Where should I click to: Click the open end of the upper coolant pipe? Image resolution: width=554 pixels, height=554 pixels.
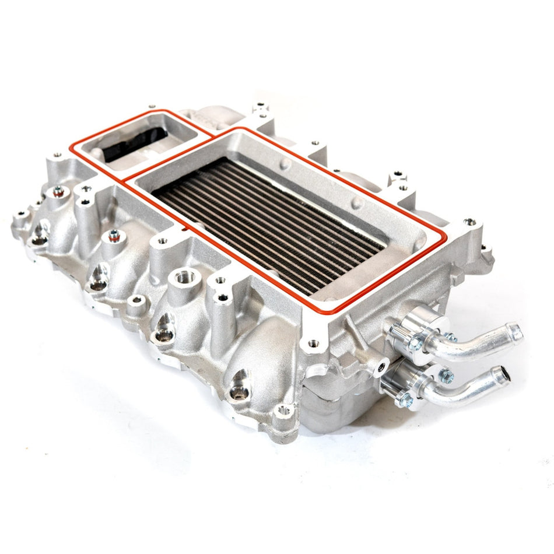coord(515,332)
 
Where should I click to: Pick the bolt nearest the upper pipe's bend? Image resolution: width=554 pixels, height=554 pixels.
coord(450,336)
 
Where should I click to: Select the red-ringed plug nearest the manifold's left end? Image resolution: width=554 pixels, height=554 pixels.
coord(58,190)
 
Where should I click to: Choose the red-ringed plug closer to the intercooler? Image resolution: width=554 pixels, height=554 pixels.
coord(114,235)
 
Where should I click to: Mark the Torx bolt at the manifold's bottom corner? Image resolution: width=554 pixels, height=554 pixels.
coord(284,410)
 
